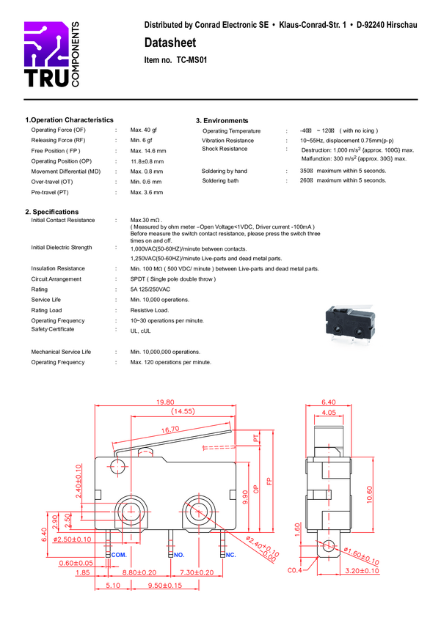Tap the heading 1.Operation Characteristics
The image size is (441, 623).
pos(69,119)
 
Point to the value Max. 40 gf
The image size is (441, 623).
pos(144,130)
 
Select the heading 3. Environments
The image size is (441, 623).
pos(222,120)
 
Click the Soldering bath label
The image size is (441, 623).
pos(220,180)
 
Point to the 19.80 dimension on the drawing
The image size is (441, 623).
pos(164,402)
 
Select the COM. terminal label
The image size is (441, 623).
pos(119,555)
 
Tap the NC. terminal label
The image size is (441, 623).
pos(230,555)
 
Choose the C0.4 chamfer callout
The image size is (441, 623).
pos(296,569)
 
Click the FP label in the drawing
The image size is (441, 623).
pos(269,482)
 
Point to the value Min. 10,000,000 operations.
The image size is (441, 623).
pos(165,352)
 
